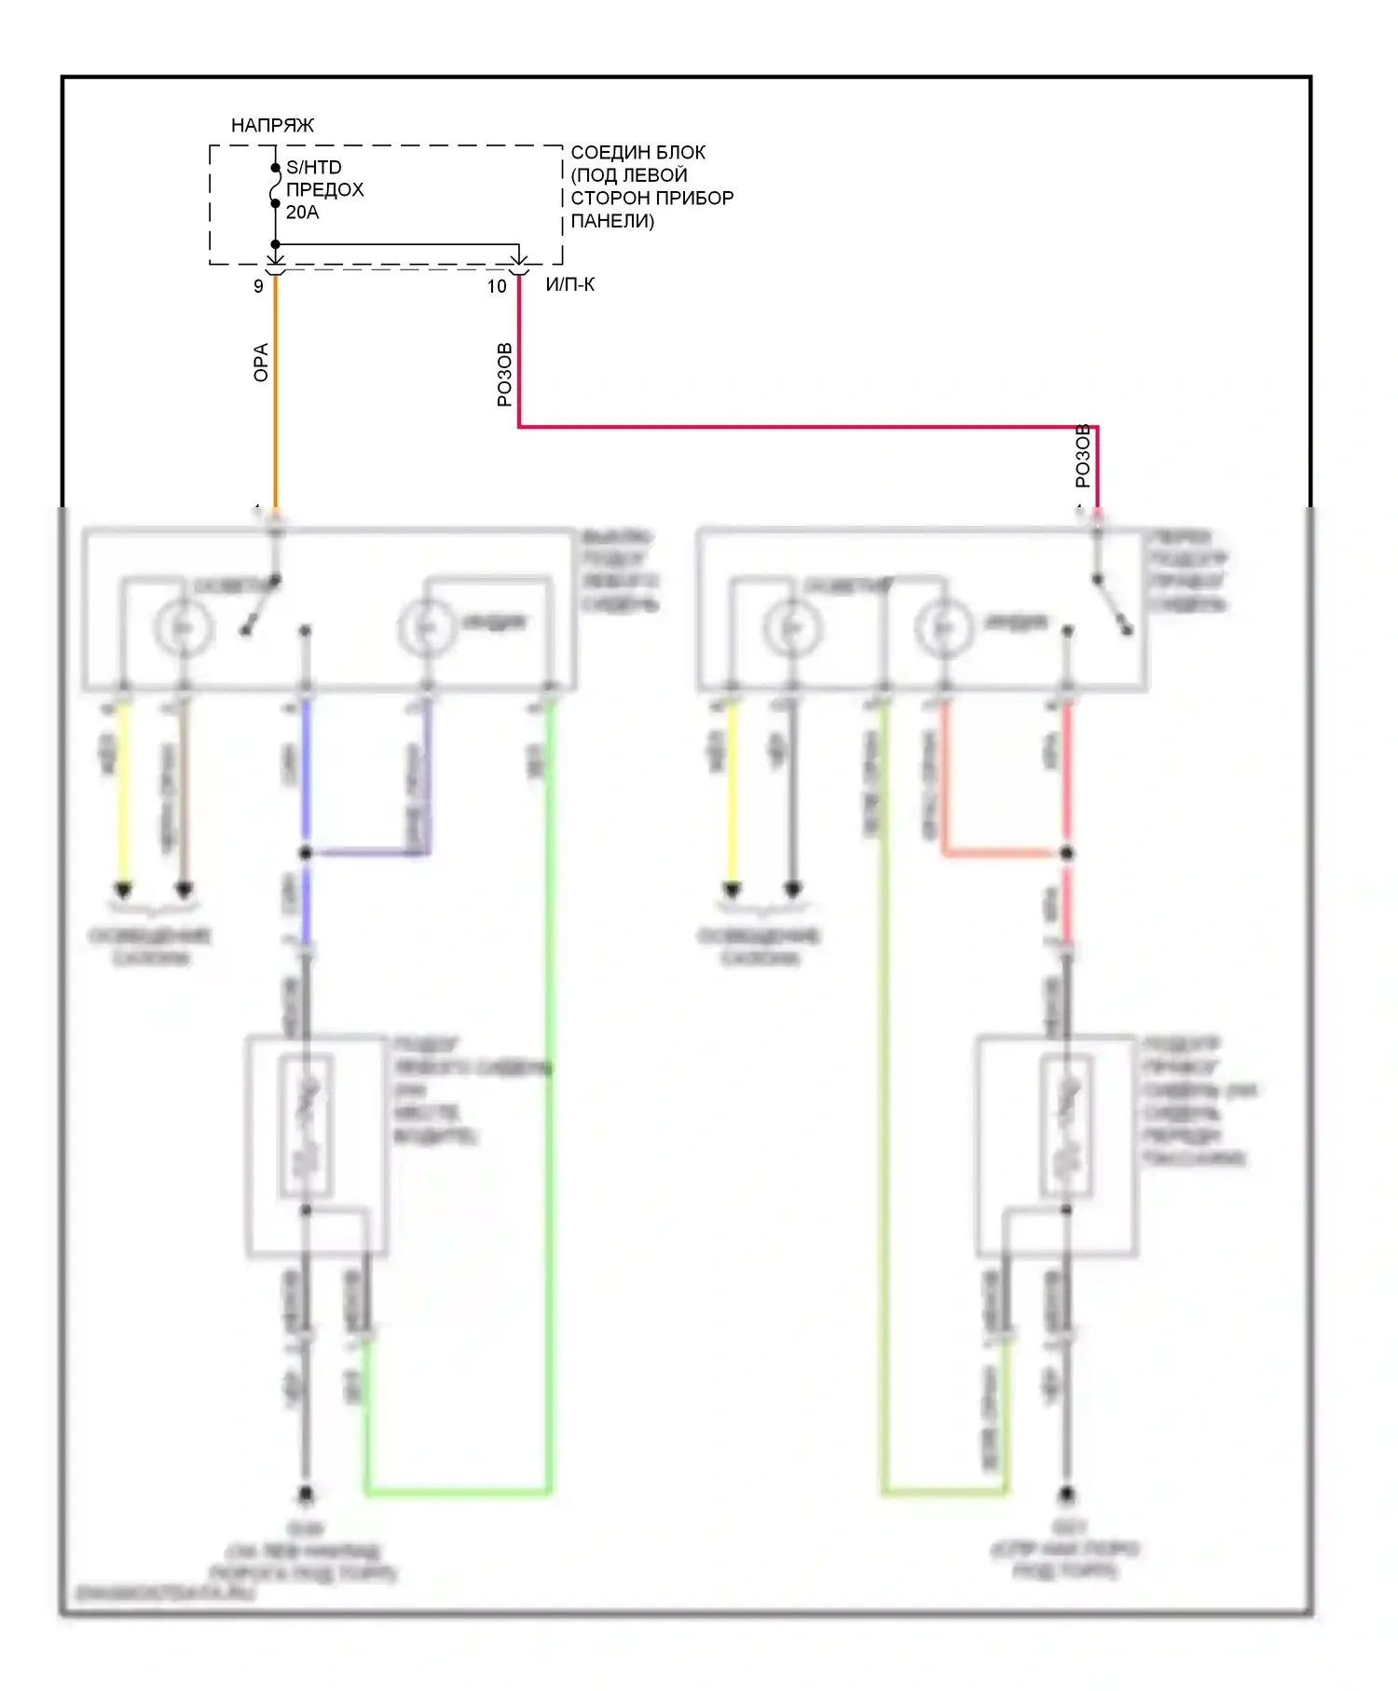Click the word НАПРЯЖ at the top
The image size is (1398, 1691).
[272, 125]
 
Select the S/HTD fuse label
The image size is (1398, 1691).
[313, 167]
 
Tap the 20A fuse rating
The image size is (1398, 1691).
[302, 213]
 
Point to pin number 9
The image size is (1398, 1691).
[258, 286]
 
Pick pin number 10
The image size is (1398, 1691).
[497, 286]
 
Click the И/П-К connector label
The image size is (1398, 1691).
[570, 284]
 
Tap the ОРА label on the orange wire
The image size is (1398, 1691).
[261, 363]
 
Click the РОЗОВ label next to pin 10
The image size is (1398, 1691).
[504, 375]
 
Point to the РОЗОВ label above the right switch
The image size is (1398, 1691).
[1082, 456]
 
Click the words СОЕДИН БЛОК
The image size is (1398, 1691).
[637, 152]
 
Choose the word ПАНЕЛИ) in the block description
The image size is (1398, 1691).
[612, 221]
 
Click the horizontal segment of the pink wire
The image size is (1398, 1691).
[802, 427]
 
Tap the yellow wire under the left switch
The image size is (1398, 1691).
[122, 792]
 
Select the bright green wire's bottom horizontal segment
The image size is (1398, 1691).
[457, 1492]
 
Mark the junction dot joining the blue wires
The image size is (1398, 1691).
[305, 852]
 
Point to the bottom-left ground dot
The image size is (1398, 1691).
[305, 1495]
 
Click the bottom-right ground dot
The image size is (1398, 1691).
[1067, 1495]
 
